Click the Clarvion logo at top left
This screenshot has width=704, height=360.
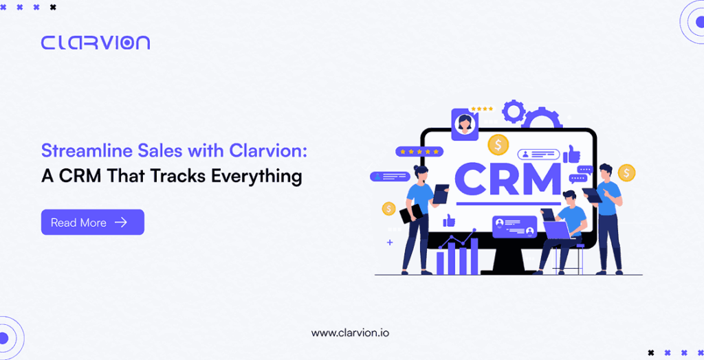point(95,43)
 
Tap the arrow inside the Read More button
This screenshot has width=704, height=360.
point(121,222)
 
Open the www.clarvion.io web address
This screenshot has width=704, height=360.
point(350,333)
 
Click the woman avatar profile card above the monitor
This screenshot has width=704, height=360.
point(464,124)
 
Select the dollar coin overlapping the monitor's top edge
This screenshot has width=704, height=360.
point(498,144)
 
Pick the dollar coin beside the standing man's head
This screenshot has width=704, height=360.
point(626,172)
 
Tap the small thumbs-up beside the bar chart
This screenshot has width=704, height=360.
point(449,220)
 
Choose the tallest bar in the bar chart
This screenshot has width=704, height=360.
point(474,256)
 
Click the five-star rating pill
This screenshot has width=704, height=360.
point(419,152)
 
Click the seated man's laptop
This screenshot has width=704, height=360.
point(557,230)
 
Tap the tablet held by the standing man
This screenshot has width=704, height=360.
point(592,195)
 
